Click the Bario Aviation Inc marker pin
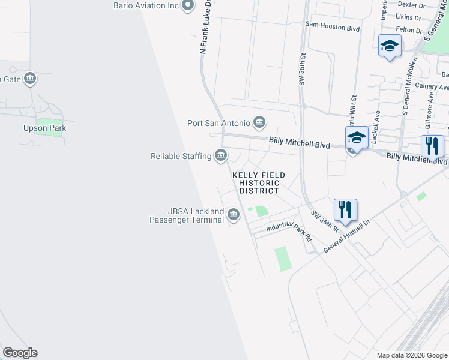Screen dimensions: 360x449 pyautogui.click(x=188, y=6)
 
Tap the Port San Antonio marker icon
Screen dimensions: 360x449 pyautogui.click(x=259, y=123)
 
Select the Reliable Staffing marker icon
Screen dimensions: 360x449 pyautogui.click(x=221, y=156)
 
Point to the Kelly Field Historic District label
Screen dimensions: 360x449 pyautogui.click(x=259, y=182)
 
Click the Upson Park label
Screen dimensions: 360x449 pyautogui.click(x=44, y=128)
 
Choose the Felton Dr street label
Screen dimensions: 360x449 pyautogui.click(x=410, y=29)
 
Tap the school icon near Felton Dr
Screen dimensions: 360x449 pyautogui.click(x=390, y=45)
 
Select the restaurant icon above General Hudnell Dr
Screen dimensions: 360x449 pyautogui.click(x=346, y=209)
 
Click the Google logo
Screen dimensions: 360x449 pyautogui.click(x=20, y=353)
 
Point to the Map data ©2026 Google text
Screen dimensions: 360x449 pyautogui.click(x=411, y=355)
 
